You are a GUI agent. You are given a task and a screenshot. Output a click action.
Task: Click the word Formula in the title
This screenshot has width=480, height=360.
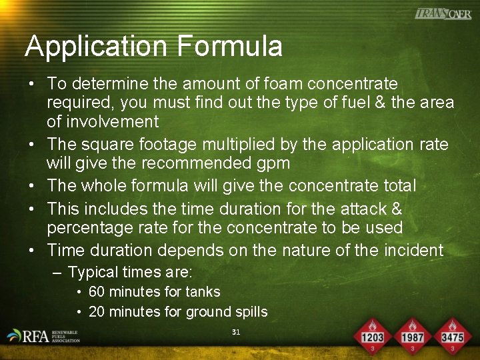[x=230, y=47]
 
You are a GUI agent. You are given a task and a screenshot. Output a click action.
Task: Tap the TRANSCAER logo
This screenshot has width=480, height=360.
[x=443, y=13]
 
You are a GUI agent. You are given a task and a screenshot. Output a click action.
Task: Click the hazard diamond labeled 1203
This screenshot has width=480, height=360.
[x=373, y=337]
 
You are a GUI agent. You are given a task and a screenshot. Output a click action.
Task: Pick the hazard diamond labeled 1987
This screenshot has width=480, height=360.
[x=413, y=337]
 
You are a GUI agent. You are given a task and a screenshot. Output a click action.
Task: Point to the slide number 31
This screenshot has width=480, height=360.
[x=235, y=331]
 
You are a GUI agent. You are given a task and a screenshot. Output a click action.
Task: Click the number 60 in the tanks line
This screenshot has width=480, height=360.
[x=96, y=292]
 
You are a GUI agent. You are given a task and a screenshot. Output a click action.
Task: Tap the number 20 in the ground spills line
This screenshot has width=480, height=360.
[x=96, y=312]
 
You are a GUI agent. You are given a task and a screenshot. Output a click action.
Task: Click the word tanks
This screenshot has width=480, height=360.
[x=203, y=292]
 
